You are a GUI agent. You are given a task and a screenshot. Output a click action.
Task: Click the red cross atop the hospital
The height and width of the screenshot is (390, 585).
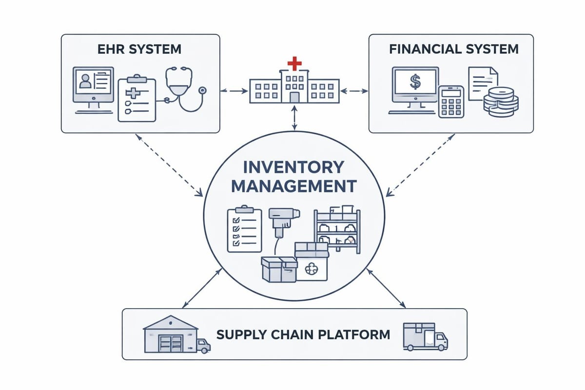click(x=293, y=63)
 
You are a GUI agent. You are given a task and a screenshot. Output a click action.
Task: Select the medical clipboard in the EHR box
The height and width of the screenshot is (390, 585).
click(x=136, y=99)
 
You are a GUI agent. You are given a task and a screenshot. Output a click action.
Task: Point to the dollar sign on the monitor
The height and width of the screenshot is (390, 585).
click(x=415, y=81)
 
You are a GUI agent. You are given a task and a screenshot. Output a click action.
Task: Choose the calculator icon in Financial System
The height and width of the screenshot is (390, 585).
click(x=451, y=101)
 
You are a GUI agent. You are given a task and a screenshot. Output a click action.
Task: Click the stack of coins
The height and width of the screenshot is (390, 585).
click(x=500, y=101)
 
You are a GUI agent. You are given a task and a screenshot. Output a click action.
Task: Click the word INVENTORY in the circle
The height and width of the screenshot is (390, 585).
click(x=293, y=167)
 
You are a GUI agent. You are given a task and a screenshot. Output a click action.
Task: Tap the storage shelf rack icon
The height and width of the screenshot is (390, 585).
click(x=337, y=231)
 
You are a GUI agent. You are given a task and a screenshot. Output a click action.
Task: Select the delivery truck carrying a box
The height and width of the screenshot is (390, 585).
click(x=425, y=336)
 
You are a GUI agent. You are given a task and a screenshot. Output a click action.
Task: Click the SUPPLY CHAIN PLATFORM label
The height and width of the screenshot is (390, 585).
click(x=303, y=334)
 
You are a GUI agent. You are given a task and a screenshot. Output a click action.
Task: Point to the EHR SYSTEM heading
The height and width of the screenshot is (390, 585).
click(x=140, y=49)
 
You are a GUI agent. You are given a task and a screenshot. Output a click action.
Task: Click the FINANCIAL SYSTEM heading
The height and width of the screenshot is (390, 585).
click(x=453, y=49)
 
